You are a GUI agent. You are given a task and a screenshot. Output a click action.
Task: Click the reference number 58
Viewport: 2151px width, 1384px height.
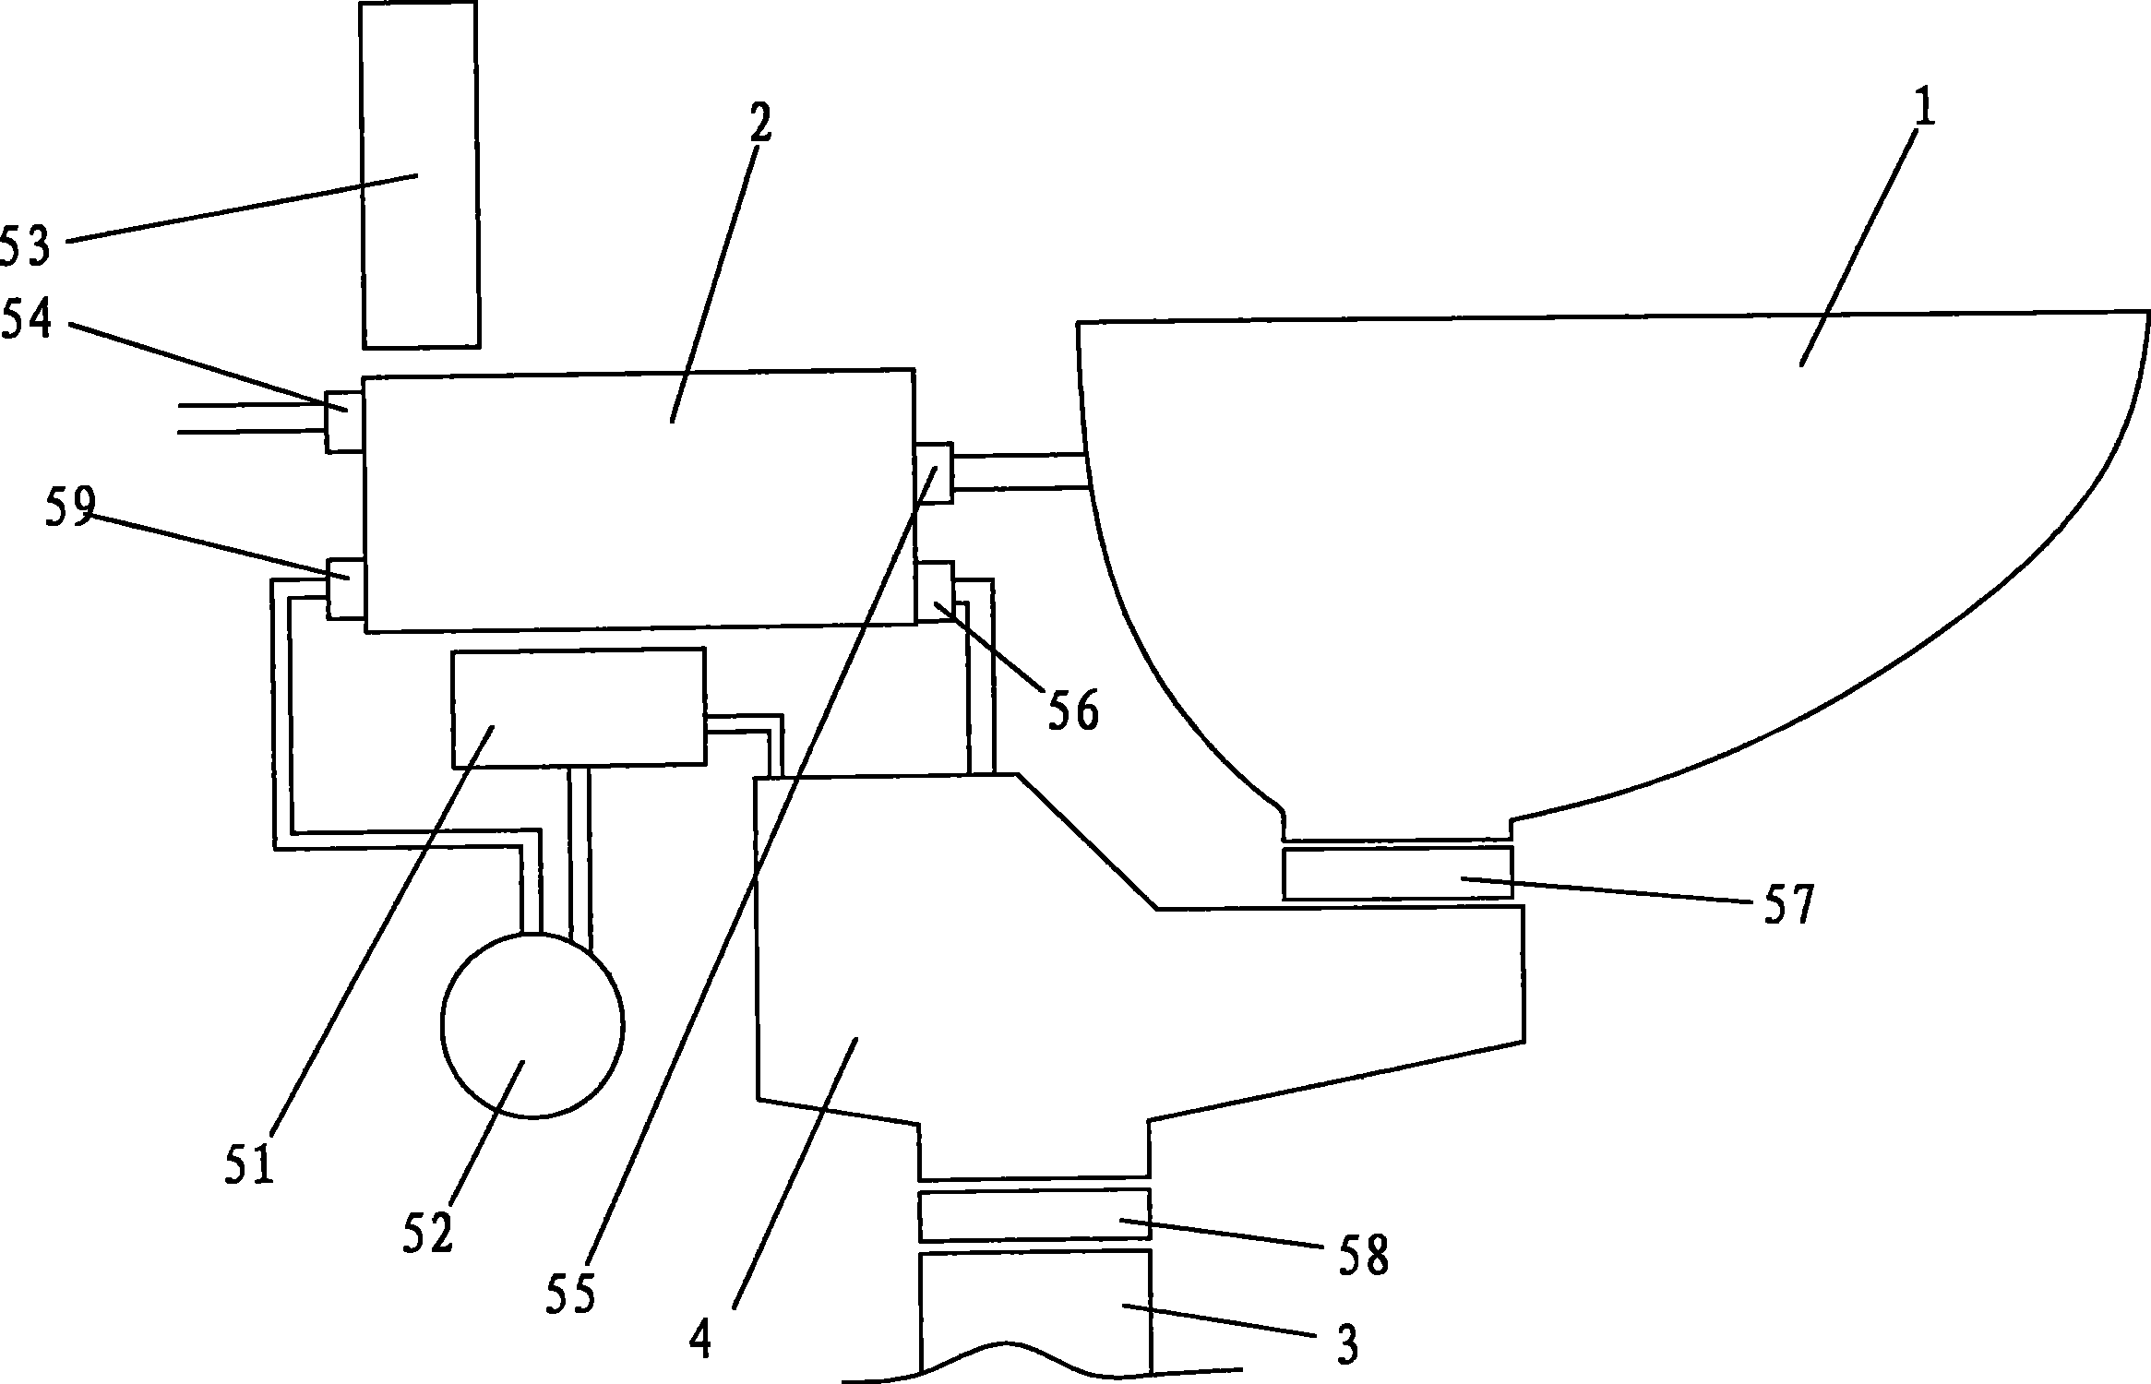(1365, 1255)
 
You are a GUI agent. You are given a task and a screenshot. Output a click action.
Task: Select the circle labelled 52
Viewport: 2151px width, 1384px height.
(533, 1025)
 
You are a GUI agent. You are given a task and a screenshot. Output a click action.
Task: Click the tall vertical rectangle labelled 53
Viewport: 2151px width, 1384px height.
(420, 175)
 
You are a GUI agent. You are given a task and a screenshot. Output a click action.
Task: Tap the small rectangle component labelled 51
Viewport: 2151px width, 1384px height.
(578, 708)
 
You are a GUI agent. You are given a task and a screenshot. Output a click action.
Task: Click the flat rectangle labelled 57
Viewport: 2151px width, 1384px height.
(1397, 872)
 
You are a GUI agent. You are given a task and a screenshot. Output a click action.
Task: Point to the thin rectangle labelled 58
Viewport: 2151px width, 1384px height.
(1034, 1215)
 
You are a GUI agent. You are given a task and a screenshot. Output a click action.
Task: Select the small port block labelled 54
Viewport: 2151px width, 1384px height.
(343, 422)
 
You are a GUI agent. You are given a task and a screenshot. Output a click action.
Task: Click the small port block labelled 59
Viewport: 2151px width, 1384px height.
(346, 588)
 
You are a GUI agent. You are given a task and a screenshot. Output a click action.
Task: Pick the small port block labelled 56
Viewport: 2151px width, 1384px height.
(933, 591)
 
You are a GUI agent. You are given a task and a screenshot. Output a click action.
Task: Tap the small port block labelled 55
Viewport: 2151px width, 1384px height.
(933, 472)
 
